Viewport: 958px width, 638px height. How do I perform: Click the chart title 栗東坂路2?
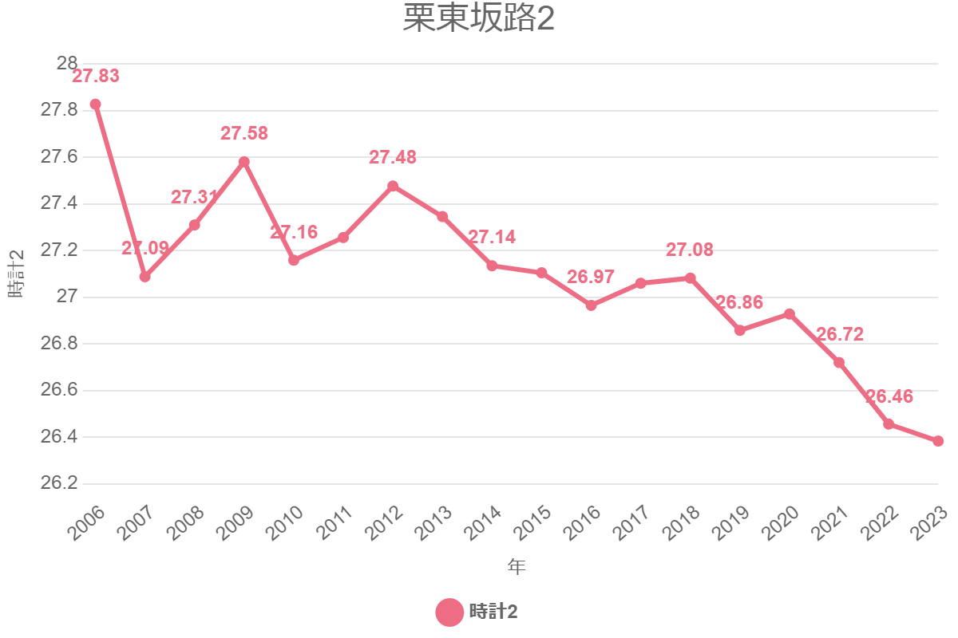point(478,20)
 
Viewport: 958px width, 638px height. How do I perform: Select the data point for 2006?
point(96,104)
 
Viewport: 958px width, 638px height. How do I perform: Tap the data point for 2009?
point(244,162)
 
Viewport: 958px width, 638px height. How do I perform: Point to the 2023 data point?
point(938,441)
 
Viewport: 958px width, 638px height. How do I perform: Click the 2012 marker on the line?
point(393,186)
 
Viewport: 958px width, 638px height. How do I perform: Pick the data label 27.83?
point(96,77)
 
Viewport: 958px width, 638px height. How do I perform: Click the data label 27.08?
point(690,250)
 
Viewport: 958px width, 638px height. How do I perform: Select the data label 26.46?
point(889,397)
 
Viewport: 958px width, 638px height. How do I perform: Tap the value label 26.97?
point(591,278)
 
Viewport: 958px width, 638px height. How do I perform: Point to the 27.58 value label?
point(244,134)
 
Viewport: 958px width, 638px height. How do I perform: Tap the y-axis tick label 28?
point(68,64)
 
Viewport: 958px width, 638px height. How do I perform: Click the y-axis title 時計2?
point(16,274)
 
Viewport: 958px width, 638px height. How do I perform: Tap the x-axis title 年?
point(517,567)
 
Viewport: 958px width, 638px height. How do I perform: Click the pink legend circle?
point(449,612)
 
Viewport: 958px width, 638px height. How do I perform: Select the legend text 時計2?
point(493,612)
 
